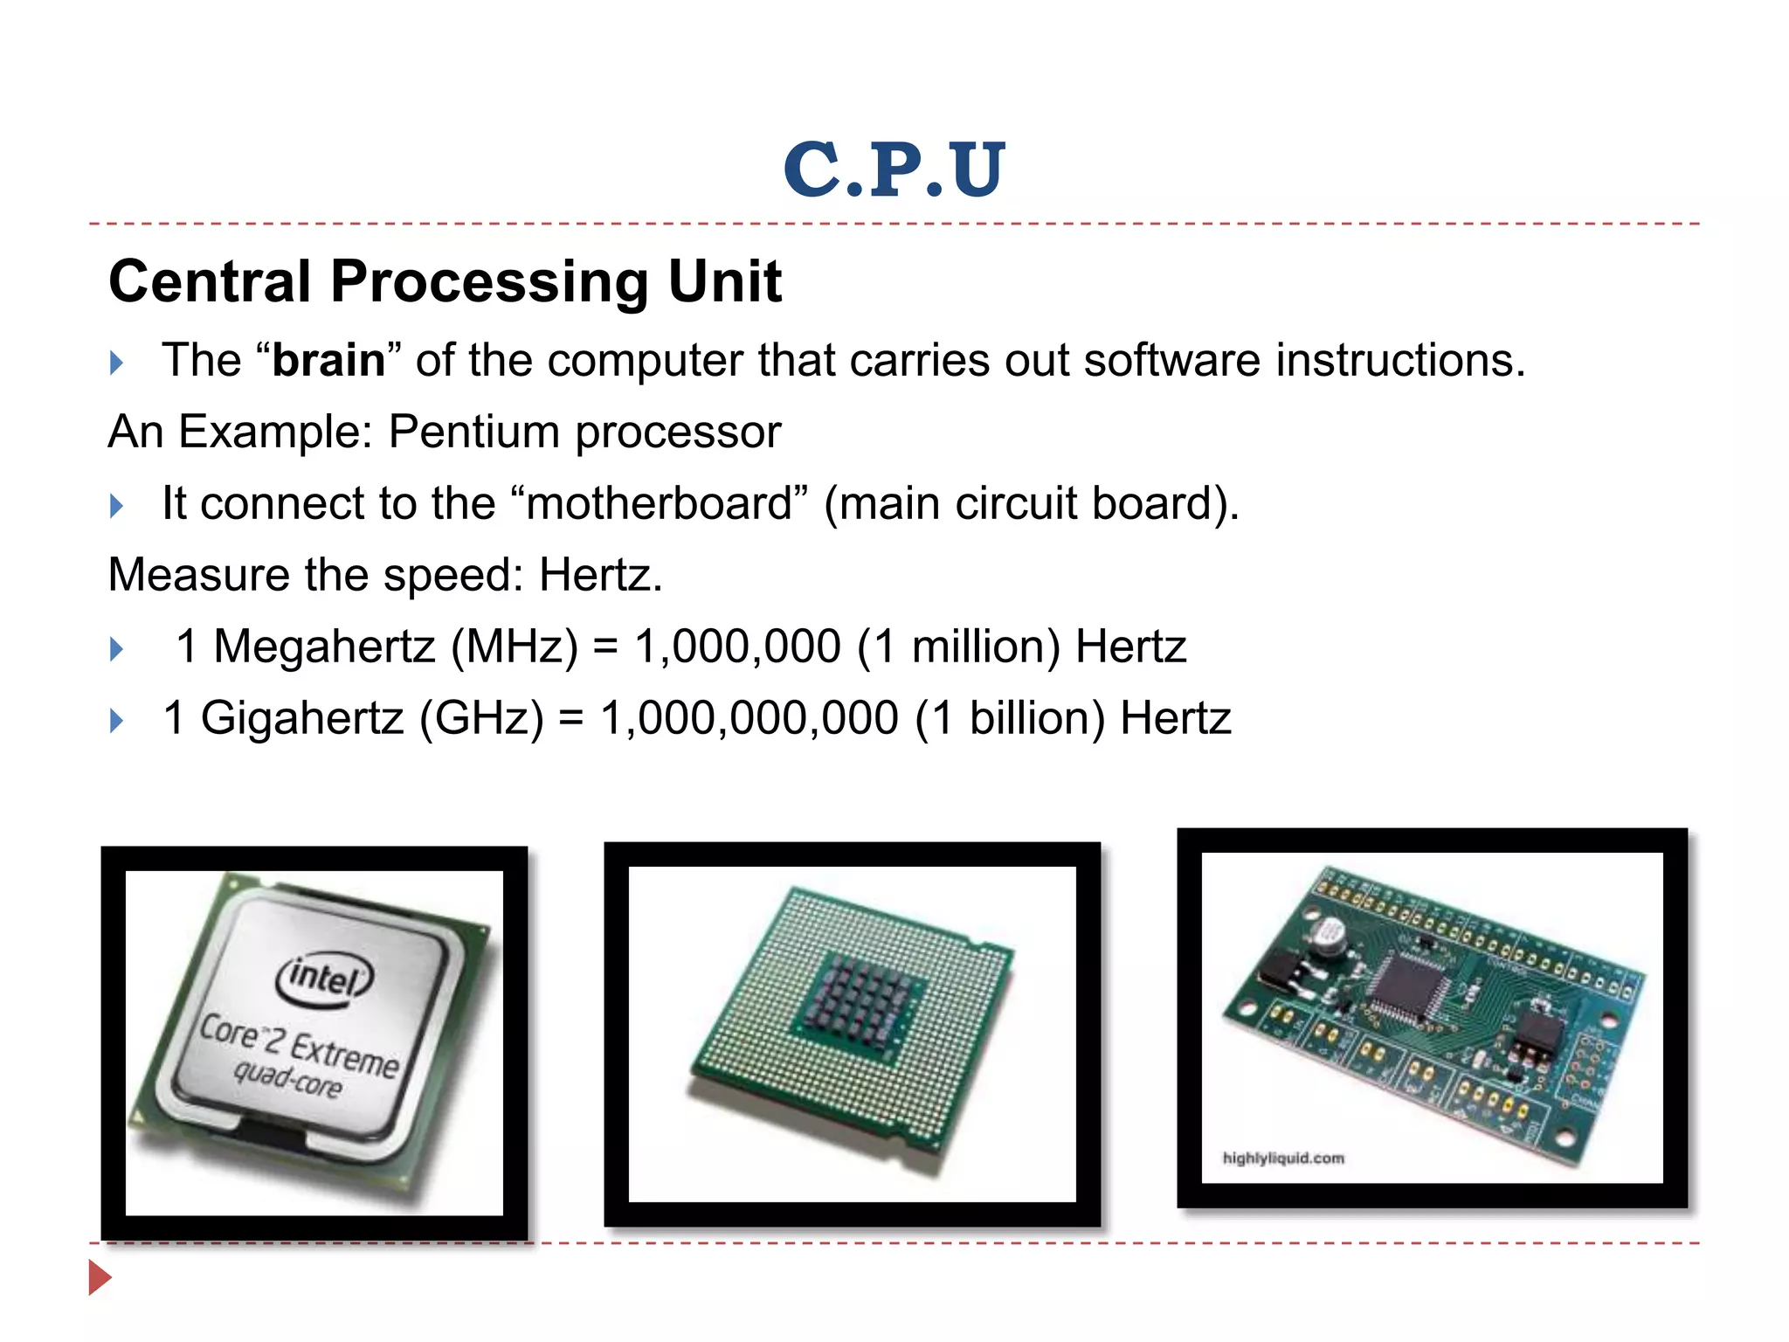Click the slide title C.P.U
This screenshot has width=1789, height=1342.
[x=894, y=169]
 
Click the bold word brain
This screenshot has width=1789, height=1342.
[x=328, y=361]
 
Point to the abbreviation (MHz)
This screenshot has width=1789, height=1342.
[x=515, y=647]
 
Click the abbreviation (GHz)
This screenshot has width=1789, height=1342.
[x=481, y=719]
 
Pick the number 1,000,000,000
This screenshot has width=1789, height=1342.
[x=749, y=719]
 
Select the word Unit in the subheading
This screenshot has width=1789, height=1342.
[x=724, y=282]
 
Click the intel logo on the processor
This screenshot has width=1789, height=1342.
[x=324, y=979]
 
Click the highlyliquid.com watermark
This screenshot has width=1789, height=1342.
[x=1282, y=1159]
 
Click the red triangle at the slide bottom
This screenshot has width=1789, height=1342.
[x=100, y=1278]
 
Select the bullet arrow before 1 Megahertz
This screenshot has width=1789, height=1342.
[x=117, y=649]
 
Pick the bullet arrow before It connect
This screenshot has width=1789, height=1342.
[x=117, y=506]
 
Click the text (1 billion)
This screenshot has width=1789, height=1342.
[x=1010, y=719]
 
